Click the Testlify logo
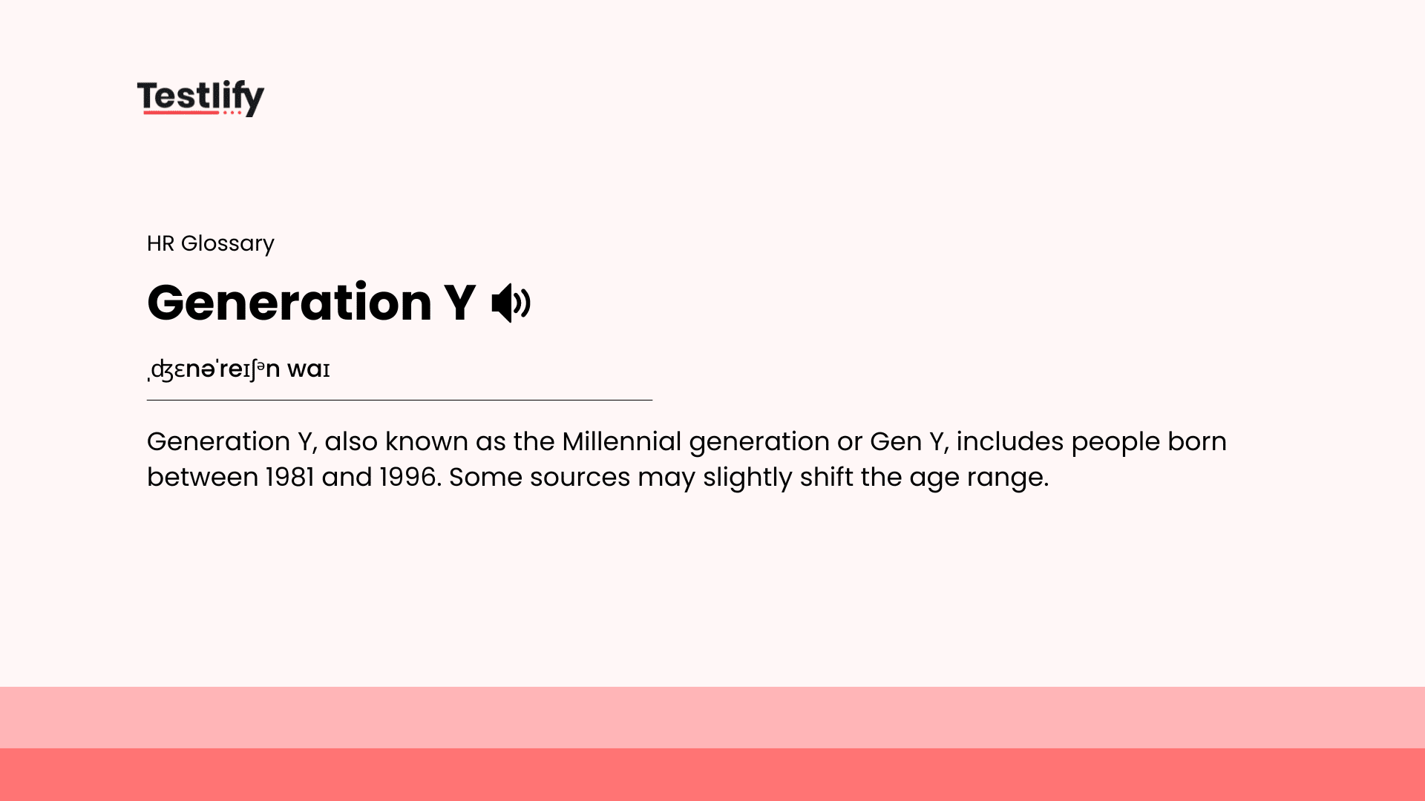(x=200, y=98)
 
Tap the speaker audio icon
(x=511, y=303)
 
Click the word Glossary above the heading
(x=227, y=243)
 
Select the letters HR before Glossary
(x=160, y=243)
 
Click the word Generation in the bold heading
(x=289, y=303)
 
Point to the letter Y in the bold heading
(x=459, y=303)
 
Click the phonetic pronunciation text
(x=239, y=369)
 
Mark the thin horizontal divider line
(x=399, y=400)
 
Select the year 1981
(x=289, y=477)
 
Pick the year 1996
(x=407, y=477)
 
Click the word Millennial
(x=621, y=441)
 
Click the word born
(x=1196, y=441)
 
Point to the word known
(x=426, y=441)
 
